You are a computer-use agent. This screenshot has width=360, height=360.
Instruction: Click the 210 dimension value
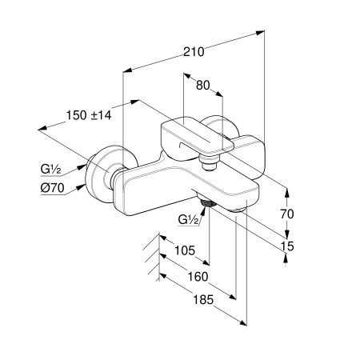(194, 52)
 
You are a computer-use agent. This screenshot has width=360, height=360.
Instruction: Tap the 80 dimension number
(203, 86)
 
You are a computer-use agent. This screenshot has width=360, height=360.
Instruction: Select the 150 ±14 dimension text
(89, 115)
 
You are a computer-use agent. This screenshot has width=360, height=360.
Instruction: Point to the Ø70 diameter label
(53, 188)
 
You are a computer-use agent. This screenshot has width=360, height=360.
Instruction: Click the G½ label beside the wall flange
(51, 169)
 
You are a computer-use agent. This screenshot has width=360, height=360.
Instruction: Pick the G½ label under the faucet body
(189, 220)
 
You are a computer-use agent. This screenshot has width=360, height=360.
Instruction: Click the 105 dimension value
(185, 250)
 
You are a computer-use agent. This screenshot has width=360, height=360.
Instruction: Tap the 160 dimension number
(198, 277)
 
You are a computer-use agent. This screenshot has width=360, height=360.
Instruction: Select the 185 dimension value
(203, 299)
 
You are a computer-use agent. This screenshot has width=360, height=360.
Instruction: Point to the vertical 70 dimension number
(287, 214)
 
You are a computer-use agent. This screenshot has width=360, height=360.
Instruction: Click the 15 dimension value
(287, 246)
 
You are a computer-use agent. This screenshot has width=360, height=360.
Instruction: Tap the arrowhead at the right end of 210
(260, 33)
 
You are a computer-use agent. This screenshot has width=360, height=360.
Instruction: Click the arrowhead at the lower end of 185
(242, 322)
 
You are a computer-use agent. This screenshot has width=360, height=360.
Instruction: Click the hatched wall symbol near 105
(154, 257)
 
